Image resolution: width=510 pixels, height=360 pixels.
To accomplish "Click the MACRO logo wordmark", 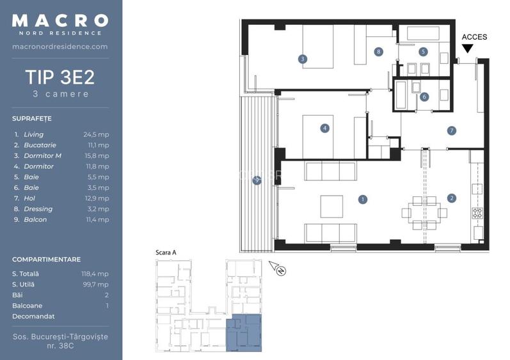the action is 60,20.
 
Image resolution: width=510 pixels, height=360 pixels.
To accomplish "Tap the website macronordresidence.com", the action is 60,47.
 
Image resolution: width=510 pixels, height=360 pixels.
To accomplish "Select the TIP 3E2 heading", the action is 60,77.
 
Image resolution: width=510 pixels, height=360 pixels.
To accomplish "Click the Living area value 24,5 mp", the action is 96,134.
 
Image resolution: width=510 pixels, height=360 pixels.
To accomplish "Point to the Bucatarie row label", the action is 40,145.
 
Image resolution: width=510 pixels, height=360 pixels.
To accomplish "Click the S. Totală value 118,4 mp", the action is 95,274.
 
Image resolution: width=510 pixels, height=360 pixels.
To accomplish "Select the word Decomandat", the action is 33,317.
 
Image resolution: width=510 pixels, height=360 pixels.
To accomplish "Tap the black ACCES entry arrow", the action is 468,48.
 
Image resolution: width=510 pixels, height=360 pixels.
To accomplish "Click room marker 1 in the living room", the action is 363,199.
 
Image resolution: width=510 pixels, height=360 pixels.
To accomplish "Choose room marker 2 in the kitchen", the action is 452,198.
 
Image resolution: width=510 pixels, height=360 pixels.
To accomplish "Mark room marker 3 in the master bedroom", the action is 303,59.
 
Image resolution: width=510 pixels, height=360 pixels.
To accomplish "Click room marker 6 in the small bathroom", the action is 424,97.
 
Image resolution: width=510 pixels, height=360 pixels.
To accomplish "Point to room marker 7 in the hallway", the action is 452,130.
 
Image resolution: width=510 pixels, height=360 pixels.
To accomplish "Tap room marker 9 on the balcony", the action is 257,180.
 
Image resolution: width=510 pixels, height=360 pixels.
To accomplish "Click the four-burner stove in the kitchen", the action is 477,213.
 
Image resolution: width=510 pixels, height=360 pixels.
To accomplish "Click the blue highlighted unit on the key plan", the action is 244,333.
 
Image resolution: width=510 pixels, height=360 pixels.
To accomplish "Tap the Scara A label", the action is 166,253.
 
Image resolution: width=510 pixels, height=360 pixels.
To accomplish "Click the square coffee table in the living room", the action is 331,207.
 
